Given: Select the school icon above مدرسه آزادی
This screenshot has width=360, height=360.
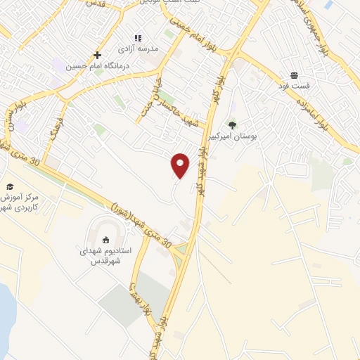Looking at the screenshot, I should point(138,37).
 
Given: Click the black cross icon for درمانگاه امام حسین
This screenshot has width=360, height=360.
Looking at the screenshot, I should point(98,54).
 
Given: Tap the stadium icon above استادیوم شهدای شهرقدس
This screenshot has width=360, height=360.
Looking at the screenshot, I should point(106,240).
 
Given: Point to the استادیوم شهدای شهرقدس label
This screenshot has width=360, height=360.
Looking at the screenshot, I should point(106,255).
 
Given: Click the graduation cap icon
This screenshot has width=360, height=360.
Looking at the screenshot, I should point(10,186).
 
